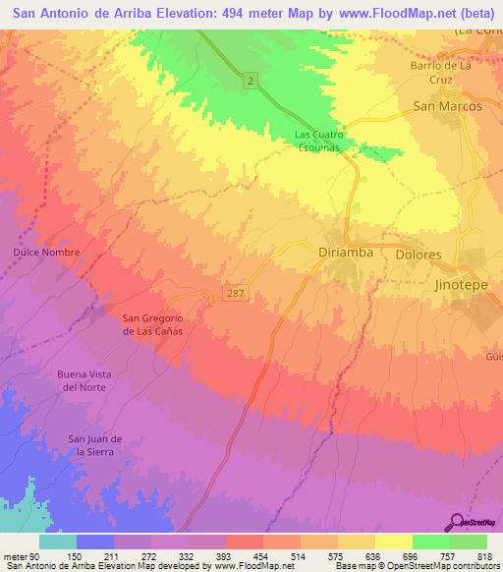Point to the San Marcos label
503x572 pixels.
[447, 105]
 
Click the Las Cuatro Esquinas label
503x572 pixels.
[325, 142]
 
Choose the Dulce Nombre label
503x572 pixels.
[46, 253]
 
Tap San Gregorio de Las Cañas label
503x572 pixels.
[152, 324]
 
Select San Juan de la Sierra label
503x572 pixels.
[95, 444]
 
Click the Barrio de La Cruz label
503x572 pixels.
[441, 73]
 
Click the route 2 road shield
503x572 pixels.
[251, 81]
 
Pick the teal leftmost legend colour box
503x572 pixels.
[57, 542]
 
